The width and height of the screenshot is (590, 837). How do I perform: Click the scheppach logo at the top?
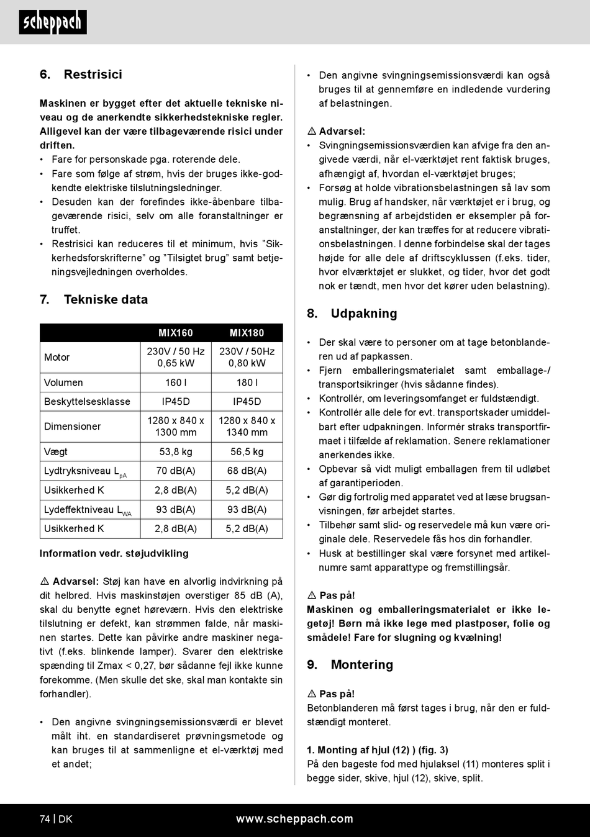(53, 22)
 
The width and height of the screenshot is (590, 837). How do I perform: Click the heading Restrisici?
(93, 75)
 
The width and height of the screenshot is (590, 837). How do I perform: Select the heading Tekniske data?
(106, 299)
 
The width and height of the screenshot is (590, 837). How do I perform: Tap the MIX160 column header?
(176, 333)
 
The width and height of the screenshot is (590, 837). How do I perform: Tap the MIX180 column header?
(247, 333)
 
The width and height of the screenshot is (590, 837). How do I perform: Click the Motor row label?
(57, 357)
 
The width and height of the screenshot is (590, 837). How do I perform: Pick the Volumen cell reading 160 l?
(176, 382)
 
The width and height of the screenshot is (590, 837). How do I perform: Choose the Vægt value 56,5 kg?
(247, 451)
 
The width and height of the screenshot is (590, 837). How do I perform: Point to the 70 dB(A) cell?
(176, 471)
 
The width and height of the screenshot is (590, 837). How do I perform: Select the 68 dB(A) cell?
(247, 471)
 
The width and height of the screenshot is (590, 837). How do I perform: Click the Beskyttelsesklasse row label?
(87, 401)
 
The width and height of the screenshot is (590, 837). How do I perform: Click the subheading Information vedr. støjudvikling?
(114, 553)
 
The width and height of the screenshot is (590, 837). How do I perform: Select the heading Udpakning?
(364, 314)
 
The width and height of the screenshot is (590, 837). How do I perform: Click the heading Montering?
(362, 665)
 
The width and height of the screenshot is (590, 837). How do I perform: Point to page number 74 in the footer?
(45, 819)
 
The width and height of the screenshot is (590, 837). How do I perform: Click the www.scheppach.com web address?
(294, 819)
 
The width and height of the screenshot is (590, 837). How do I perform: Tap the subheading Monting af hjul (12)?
(378, 750)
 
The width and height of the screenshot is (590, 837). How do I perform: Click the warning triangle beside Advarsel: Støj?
(45, 582)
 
